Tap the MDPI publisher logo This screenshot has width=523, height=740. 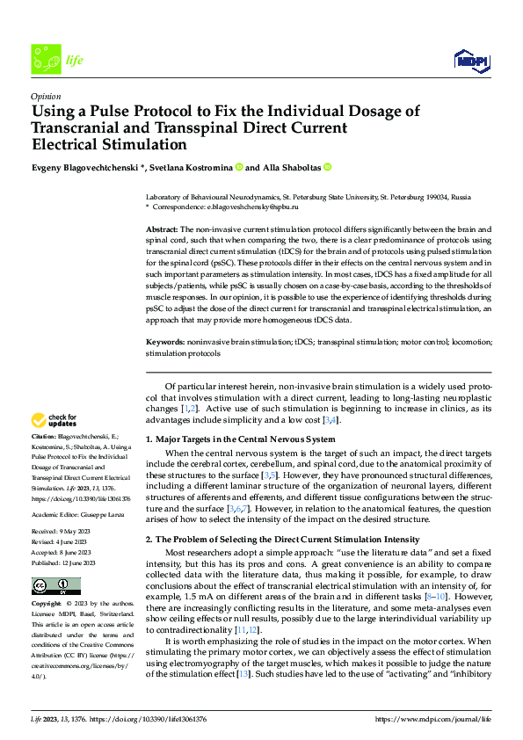point(471,59)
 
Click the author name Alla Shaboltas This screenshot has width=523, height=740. point(290,167)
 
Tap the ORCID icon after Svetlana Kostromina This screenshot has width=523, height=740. point(237,167)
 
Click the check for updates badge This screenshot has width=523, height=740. point(54,420)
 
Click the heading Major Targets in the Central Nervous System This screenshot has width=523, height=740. point(240,439)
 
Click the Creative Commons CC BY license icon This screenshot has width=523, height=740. point(55,586)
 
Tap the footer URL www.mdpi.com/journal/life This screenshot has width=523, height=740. point(432,719)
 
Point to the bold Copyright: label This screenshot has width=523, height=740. point(48,605)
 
